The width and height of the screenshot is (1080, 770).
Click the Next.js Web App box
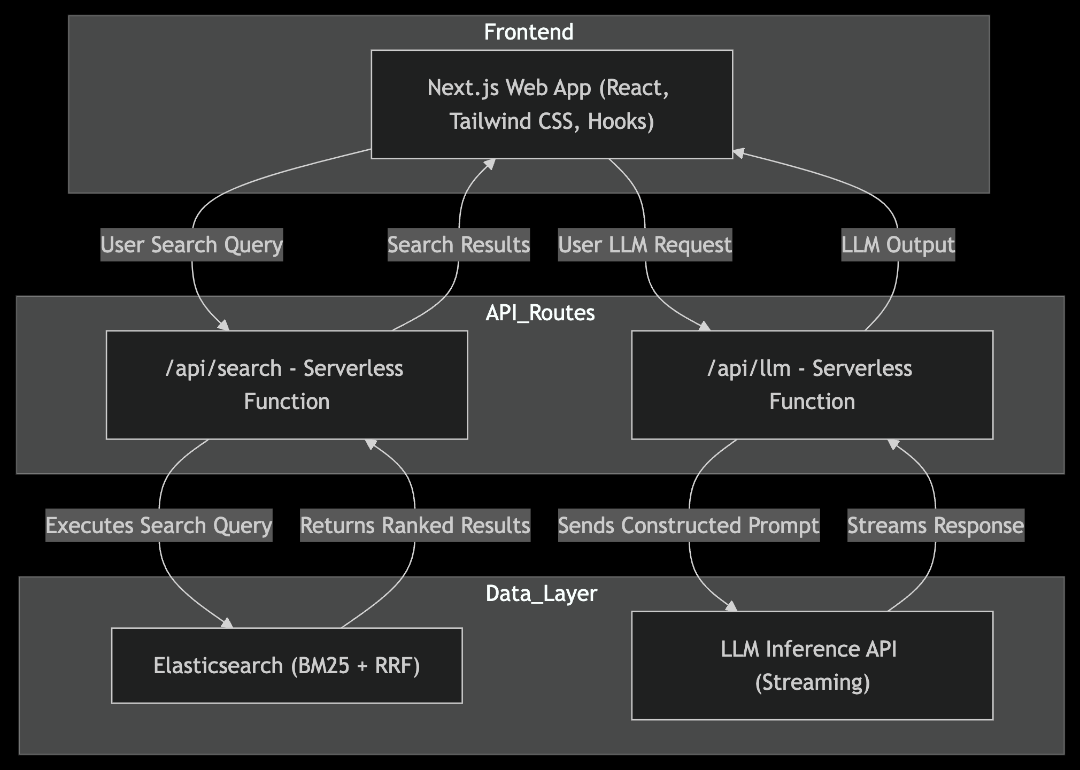pos(551,104)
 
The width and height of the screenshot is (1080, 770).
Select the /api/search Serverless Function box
pos(287,385)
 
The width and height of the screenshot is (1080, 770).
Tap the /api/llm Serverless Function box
pos(812,385)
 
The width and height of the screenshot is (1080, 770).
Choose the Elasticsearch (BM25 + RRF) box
pos(287,665)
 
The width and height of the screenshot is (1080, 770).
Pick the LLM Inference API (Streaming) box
pos(812,665)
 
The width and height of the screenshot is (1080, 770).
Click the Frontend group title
pos(528,32)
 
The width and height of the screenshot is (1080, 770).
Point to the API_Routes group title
pos(540,313)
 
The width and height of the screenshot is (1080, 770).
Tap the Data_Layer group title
pos(541,594)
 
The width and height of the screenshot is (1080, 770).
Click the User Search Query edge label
pos(191,245)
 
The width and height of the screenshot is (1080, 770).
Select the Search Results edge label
pos(458,245)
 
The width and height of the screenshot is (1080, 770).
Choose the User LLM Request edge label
pos(645,245)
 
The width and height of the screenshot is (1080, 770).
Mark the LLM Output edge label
pos(898,245)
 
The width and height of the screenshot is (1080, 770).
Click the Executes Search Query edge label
pos(159,526)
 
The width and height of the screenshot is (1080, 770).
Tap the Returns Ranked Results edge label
pos(415,526)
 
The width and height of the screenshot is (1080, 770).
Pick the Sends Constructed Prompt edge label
pos(689,526)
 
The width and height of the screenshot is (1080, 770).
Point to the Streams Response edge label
pos(936,526)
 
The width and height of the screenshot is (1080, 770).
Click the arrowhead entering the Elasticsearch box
pos(228,623)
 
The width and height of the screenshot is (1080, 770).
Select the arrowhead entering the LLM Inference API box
pos(732,606)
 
